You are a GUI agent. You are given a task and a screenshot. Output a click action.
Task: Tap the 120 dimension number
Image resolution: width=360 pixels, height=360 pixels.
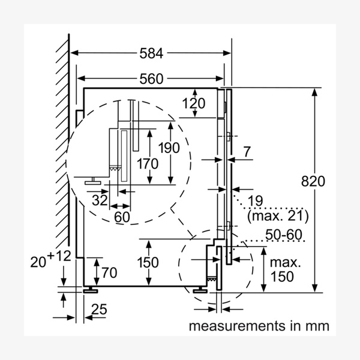click(193, 103)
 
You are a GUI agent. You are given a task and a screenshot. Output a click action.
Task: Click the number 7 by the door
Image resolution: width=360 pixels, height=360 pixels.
click(247, 153)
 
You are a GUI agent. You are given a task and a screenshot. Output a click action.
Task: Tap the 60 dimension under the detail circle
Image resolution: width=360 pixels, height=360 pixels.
click(122, 217)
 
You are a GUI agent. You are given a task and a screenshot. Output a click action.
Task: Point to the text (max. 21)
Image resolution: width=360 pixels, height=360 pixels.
click(277, 215)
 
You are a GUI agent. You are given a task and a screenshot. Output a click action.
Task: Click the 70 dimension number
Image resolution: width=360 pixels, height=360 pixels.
click(109, 273)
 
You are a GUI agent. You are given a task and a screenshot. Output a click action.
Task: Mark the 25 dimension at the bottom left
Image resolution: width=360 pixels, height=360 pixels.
click(99, 310)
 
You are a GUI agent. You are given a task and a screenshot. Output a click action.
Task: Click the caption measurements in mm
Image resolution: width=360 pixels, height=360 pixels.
click(259, 326)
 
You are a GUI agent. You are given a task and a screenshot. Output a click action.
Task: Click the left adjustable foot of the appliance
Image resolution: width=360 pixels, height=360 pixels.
click(92, 289)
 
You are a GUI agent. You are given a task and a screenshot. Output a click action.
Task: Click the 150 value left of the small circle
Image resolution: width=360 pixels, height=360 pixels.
click(147, 263)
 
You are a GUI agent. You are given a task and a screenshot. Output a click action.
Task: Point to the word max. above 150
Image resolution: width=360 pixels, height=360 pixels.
click(285, 263)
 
